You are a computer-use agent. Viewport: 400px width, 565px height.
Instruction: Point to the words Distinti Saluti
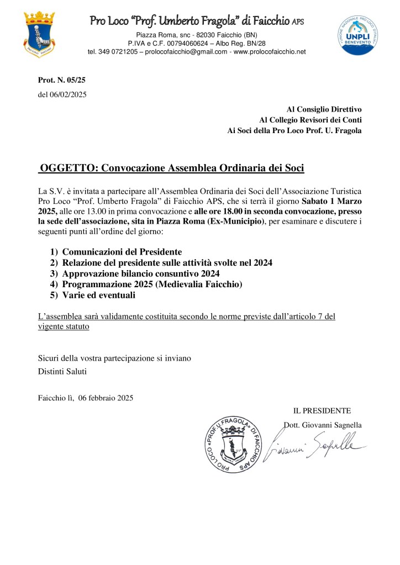tap(62, 371)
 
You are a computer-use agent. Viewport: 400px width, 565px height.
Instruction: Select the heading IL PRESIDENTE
tap(322, 410)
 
